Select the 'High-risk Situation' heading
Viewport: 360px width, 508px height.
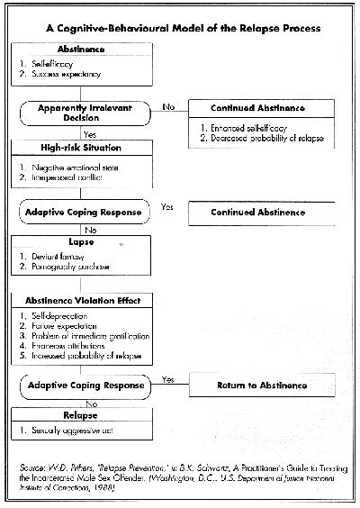tap(71, 148)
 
